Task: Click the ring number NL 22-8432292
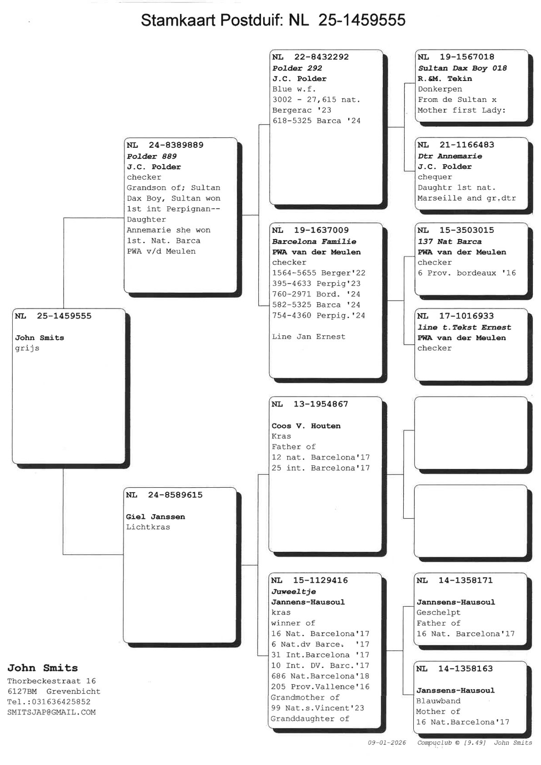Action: pyautogui.click(x=311, y=57)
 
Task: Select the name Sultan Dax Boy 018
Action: pyautogui.click(x=462, y=68)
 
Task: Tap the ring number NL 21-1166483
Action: pyautogui.click(x=456, y=145)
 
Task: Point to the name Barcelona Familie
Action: pyautogui.click(x=314, y=242)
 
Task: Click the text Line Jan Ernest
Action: pyautogui.click(x=309, y=337)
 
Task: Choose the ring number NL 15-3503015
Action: pyautogui.click(x=456, y=230)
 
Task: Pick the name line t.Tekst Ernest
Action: pyautogui.click(x=464, y=327)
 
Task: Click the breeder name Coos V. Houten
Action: pyautogui.click(x=306, y=426)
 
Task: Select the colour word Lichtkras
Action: pyautogui.click(x=148, y=527)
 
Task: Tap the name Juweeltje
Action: pyautogui.click(x=294, y=592)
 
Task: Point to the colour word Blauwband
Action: pyautogui.click(x=438, y=701)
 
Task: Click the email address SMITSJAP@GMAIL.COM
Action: pyautogui.click(x=51, y=713)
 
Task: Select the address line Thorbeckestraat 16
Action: pyautogui.click(x=51, y=681)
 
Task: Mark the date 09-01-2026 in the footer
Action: pyautogui.click(x=387, y=743)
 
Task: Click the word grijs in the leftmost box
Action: pyautogui.click(x=27, y=349)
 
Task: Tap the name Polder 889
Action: pyautogui.click(x=152, y=156)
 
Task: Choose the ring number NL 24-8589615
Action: pyautogui.click(x=164, y=495)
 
